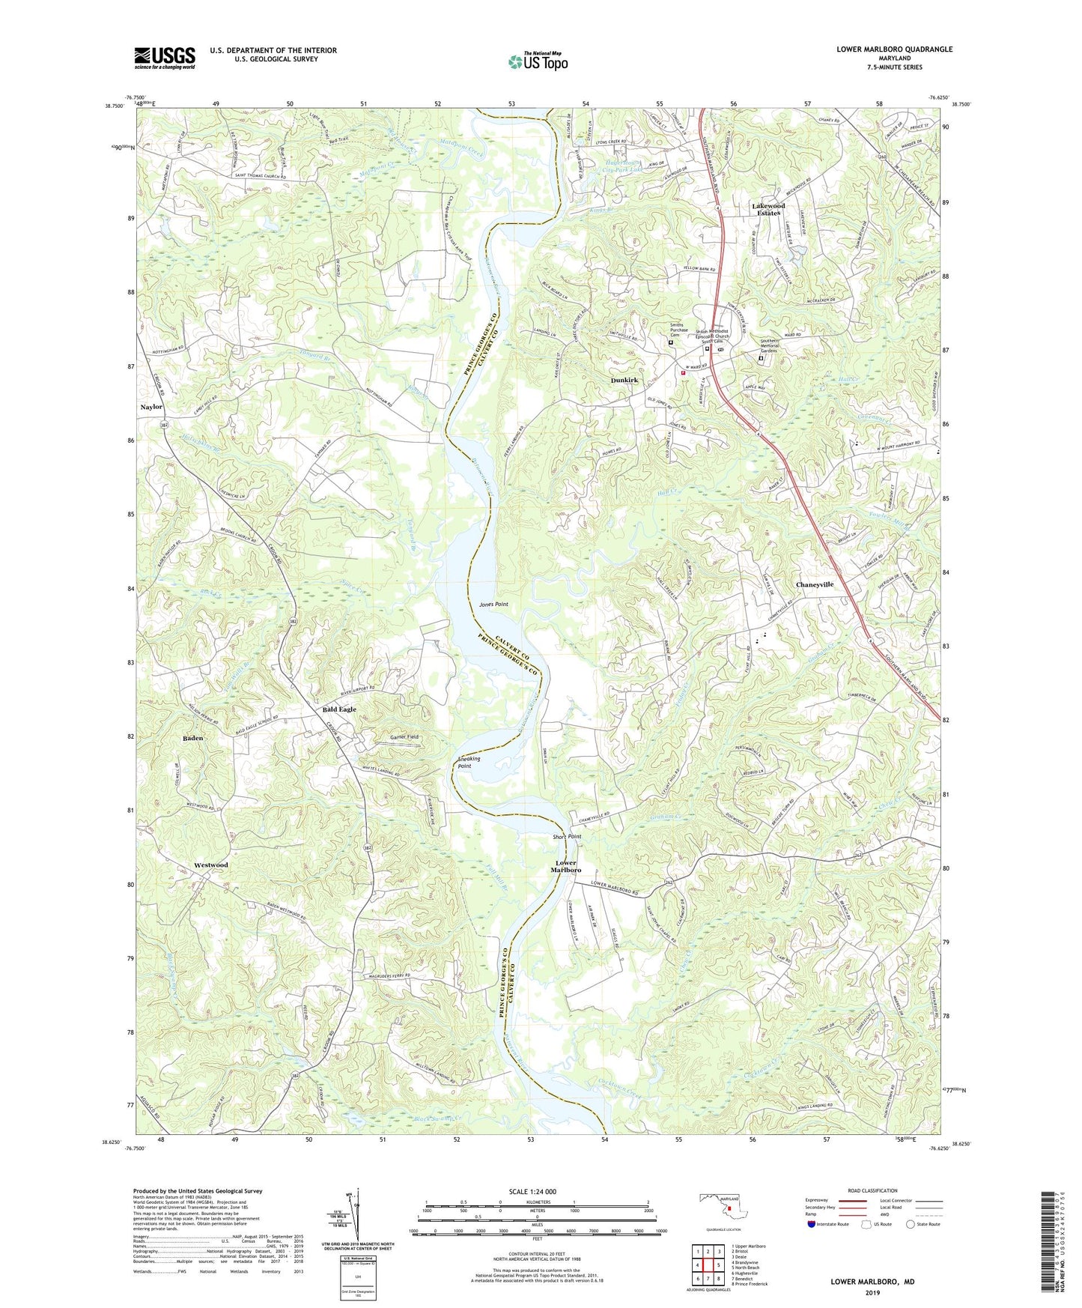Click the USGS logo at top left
tap(165, 58)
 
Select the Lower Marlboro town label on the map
tap(566, 867)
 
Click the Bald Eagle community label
tap(338, 709)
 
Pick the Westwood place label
tap(211, 865)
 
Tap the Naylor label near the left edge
tap(151, 407)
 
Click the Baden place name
tap(193, 739)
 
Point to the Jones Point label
tap(494, 604)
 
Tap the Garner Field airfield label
tap(404, 737)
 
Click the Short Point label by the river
tap(567, 837)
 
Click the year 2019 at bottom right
tap(872, 1293)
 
